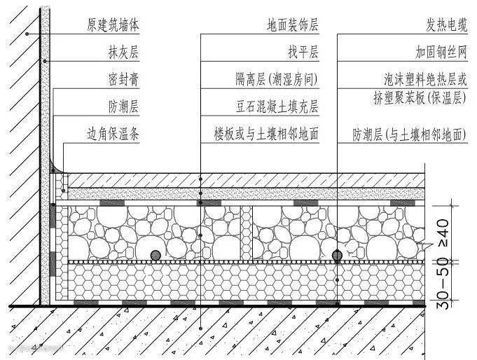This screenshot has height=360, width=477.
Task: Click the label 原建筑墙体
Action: pyautogui.click(x=113, y=26)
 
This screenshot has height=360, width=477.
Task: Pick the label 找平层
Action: pyautogui.click(x=303, y=53)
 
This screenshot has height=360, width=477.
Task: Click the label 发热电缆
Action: pyautogui.click(x=445, y=26)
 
